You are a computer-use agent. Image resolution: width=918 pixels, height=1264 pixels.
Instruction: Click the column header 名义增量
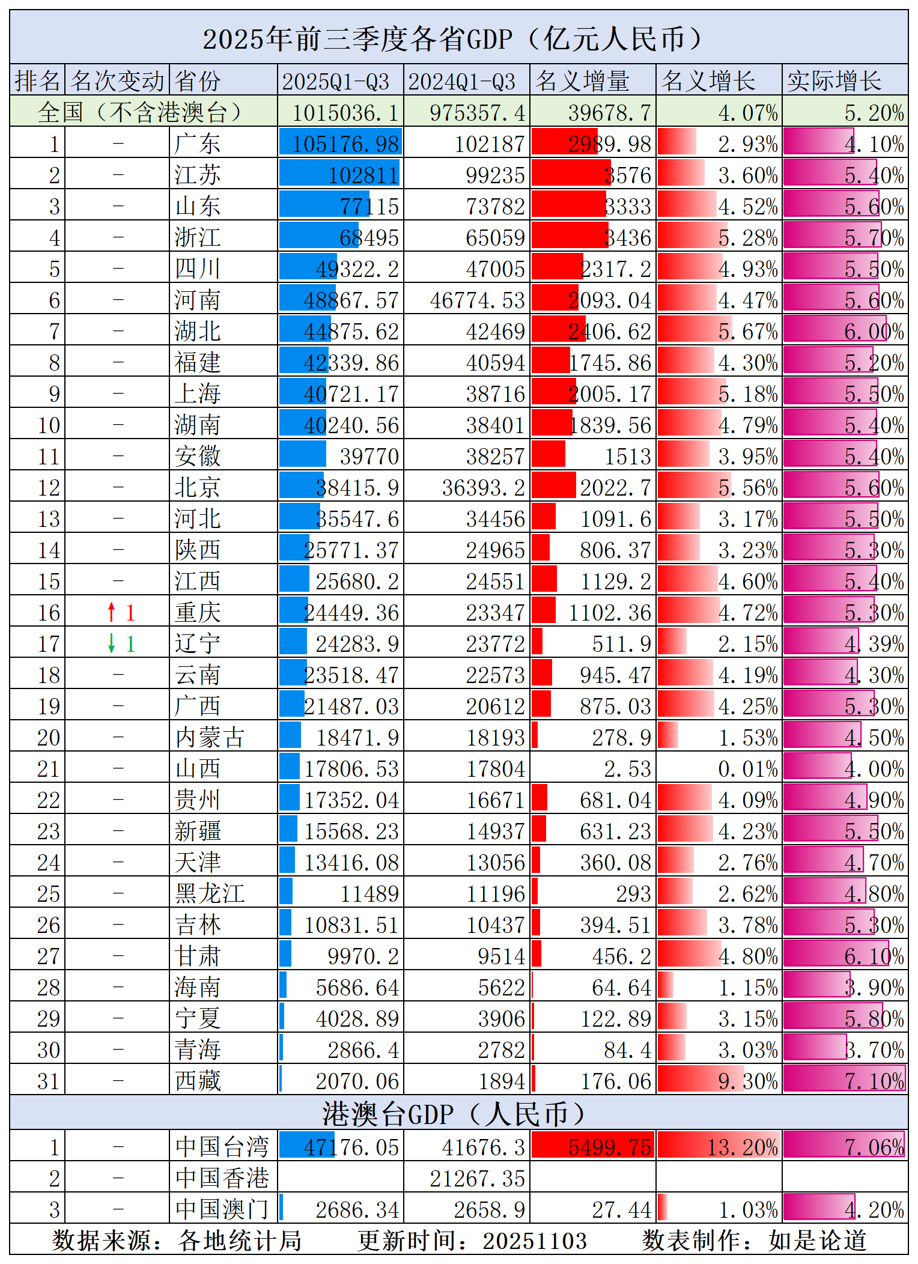583,81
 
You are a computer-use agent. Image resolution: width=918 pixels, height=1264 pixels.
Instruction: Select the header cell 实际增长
834,81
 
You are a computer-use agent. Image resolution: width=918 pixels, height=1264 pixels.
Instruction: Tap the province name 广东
198,144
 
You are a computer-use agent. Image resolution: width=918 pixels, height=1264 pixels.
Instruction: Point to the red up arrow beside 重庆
111,612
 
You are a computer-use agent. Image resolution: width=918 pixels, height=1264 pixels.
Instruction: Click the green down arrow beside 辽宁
111,643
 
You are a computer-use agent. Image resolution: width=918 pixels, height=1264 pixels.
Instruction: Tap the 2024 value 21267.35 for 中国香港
478,1179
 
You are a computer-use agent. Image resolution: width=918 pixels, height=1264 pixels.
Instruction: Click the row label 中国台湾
222,1147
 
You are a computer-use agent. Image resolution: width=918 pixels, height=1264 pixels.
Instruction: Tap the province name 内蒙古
210,737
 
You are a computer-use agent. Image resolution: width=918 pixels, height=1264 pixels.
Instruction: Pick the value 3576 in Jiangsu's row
628,175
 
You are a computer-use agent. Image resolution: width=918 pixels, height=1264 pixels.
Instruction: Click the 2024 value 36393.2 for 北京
484,488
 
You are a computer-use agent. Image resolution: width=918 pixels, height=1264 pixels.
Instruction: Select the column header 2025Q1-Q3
336,82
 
